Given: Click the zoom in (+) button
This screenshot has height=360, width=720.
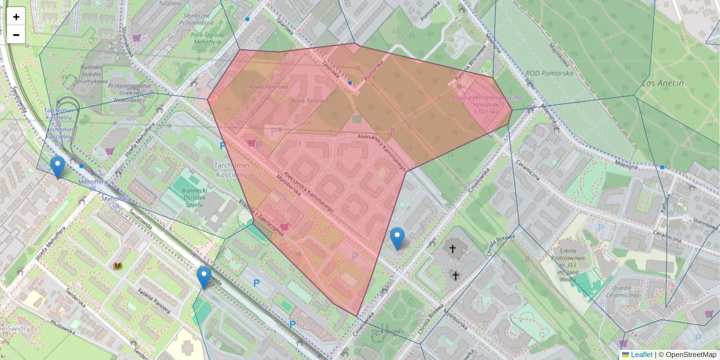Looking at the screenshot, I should pos(16,17).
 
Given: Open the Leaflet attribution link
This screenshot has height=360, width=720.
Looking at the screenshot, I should pos(641,355).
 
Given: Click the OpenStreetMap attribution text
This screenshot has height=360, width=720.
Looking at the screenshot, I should pos(690,355).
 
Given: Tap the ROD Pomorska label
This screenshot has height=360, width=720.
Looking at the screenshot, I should pos(549,73).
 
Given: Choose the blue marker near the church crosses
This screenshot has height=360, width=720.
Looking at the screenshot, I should pos(397,238).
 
